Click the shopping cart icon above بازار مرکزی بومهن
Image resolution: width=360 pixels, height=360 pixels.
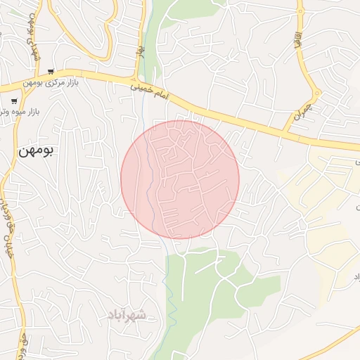(x=51, y=72)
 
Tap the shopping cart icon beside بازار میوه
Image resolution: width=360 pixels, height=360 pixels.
(x=14, y=101)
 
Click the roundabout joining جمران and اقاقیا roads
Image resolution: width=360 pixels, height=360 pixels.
(x=316, y=93)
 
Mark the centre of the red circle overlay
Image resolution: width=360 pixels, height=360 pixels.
(x=180, y=179)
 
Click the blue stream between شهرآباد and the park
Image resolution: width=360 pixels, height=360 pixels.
(x=169, y=295)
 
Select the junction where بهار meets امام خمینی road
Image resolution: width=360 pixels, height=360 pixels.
(x=139, y=75)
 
